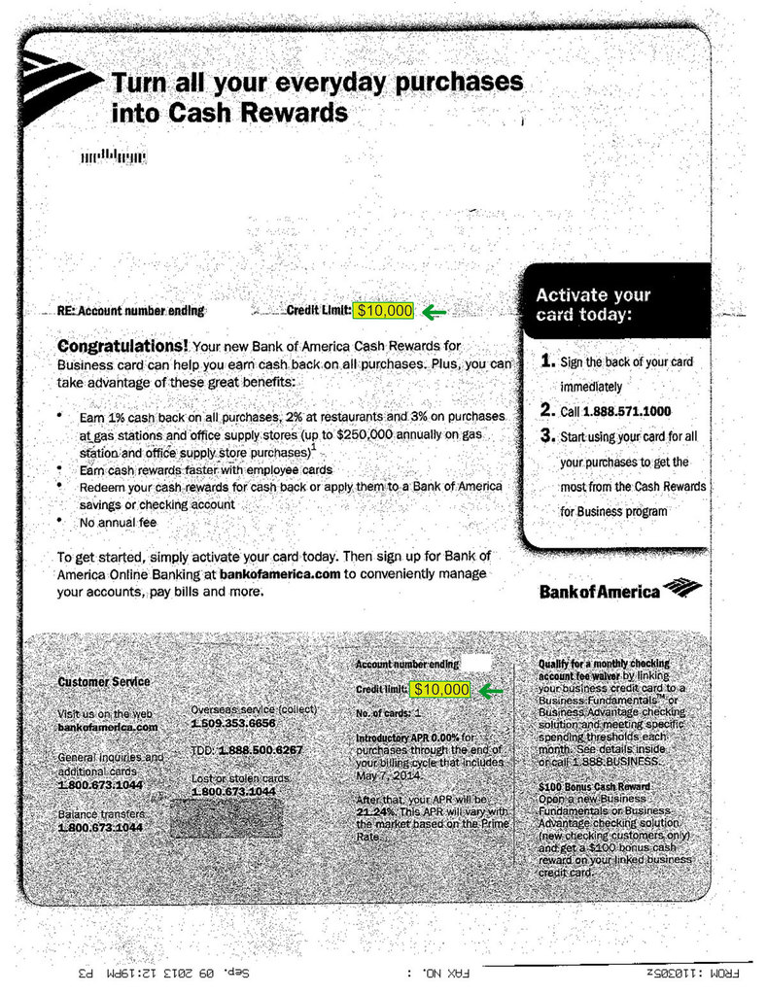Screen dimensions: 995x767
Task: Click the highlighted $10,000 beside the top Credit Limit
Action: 384,311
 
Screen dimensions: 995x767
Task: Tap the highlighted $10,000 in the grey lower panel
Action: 440,689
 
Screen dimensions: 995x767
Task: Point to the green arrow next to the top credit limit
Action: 434,312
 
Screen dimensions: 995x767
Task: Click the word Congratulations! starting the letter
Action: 123,345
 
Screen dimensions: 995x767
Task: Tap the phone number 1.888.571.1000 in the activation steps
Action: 627,411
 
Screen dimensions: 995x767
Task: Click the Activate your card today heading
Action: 593,304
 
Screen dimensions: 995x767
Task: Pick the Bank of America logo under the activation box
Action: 619,589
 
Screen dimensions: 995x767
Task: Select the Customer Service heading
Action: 104,682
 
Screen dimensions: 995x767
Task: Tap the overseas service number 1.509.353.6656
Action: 233,724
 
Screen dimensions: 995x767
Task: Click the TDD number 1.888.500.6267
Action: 261,751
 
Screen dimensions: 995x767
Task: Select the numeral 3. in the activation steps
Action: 547,436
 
